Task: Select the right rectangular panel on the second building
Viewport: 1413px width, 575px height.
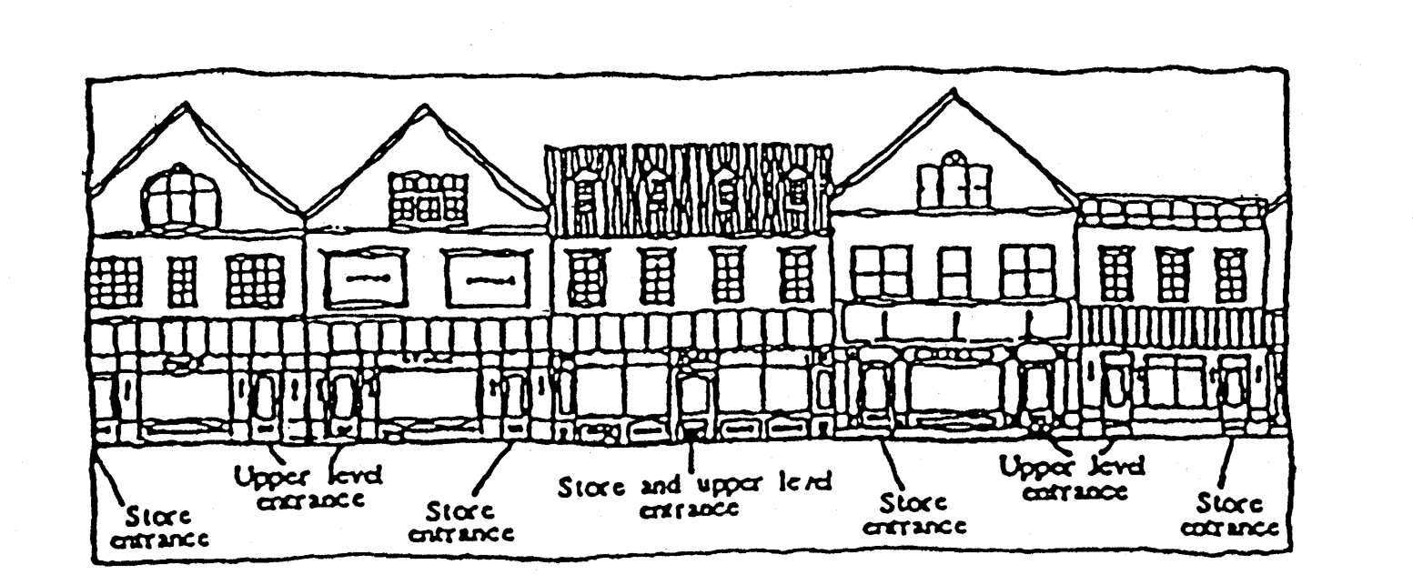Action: pos(487,278)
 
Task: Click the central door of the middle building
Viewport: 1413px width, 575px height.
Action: pos(694,400)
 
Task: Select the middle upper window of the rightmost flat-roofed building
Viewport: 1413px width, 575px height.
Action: pos(1173,273)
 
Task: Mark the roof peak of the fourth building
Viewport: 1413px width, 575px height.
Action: pos(952,91)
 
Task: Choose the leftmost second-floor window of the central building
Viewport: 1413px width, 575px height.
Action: pos(586,276)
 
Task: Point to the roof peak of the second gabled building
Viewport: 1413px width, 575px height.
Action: pos(426,108)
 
